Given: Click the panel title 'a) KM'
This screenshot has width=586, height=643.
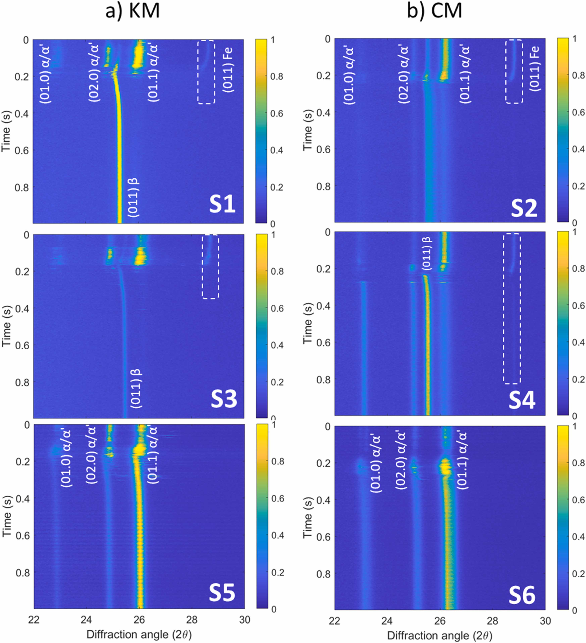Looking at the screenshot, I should click(132, 11).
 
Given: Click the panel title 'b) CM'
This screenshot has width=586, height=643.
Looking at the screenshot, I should click(435, 11).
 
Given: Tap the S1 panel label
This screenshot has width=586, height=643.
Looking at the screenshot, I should click(222, 205).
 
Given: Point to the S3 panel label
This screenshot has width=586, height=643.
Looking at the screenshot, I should click(224, 399).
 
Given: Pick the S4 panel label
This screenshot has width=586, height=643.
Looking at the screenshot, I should click(522, 401).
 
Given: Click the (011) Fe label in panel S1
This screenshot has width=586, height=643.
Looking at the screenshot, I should click(229, 69).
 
